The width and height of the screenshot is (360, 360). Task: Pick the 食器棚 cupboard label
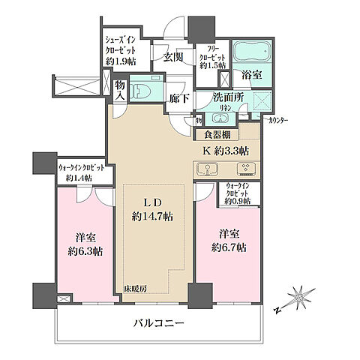[217, 135]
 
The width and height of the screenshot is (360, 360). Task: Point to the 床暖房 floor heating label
[136, 289]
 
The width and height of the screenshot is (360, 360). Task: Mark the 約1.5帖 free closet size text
[212, 66]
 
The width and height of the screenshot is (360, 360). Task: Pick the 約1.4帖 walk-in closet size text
[78, 178]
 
